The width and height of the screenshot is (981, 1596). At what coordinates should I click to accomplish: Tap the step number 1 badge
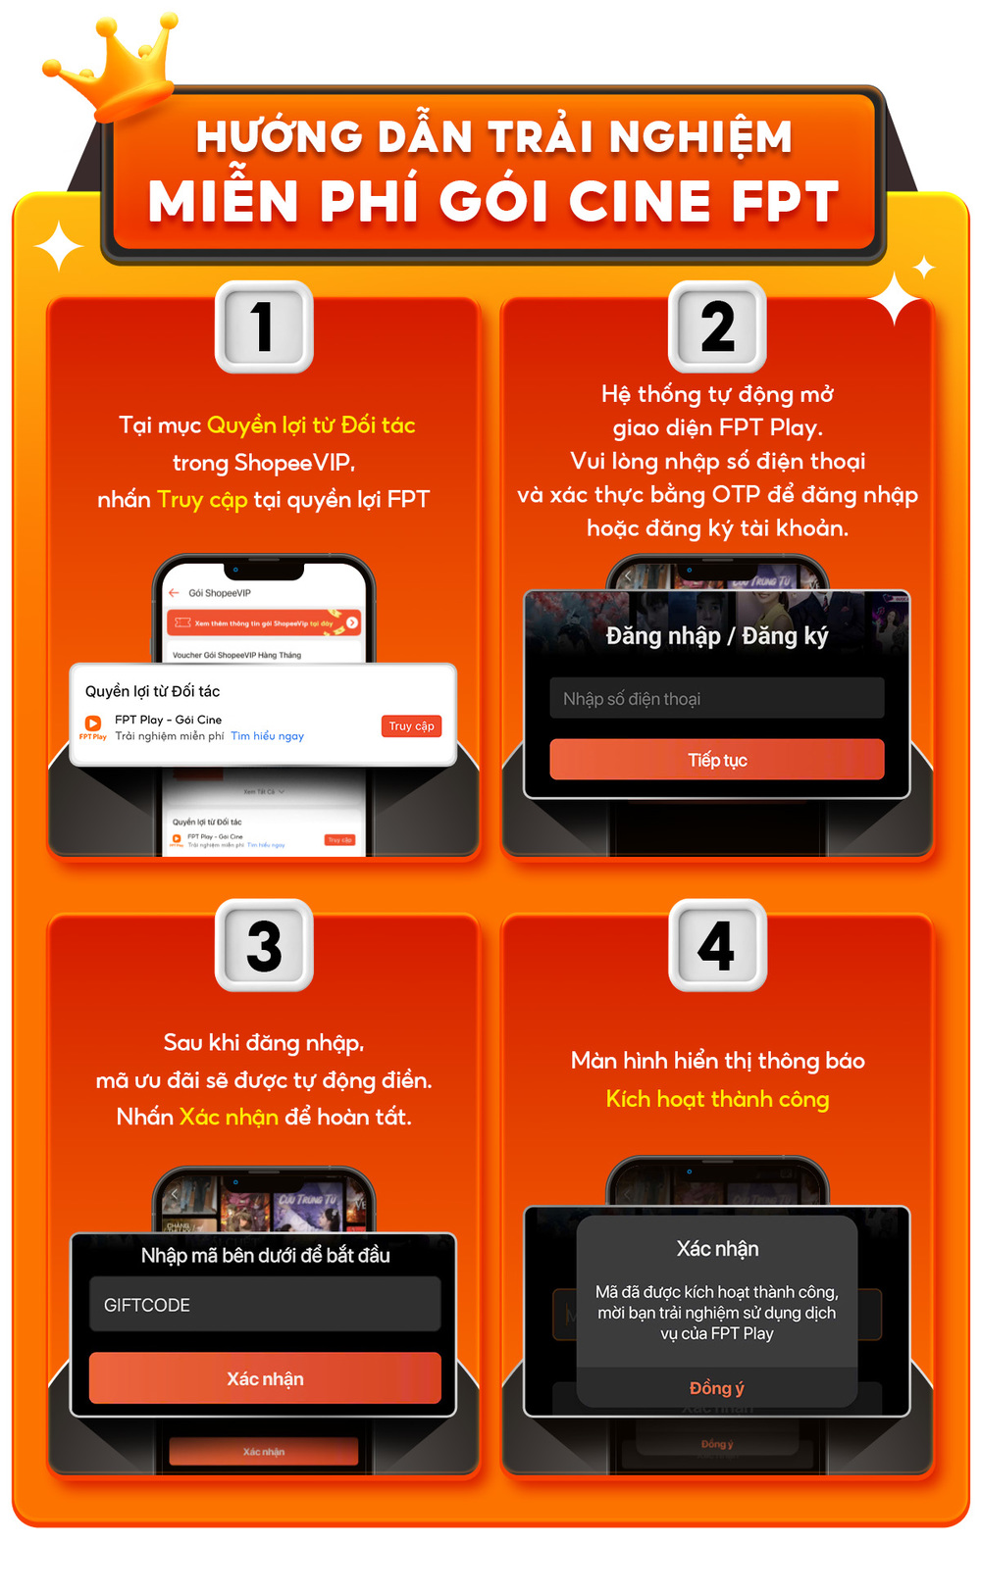[x=264, y=326]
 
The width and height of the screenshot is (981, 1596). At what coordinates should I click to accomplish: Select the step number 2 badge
[x=717, y=326]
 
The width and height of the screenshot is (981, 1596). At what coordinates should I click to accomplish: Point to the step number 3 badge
[x=264, y=945]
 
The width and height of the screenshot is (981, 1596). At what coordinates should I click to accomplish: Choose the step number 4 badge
[x=717, y=945]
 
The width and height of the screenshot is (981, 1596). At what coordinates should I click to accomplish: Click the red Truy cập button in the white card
[x=411, y=726]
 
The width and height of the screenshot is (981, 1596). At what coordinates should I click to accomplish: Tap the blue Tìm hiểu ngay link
[x=267, y=736]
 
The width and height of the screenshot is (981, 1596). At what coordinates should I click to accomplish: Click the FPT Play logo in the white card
[x=93, y=725]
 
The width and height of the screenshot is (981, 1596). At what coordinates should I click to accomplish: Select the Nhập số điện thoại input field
[x=716, y=698]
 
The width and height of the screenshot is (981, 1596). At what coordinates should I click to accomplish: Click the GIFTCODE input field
[x=265, y=1305]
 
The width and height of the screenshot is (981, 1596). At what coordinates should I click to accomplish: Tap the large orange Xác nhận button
[x=265, y=1378]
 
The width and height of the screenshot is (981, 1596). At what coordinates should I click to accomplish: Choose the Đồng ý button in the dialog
[x=716, y=1388]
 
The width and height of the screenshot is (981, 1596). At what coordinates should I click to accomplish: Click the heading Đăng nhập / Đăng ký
[x=716, y=636]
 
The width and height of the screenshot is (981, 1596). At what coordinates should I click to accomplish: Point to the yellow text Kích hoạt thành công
[x=717, y=1099]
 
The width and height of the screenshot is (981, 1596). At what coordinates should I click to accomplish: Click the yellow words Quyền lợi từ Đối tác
[x=311, y=425]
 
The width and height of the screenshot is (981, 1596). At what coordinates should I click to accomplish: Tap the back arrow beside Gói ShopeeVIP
[x=174, y=593]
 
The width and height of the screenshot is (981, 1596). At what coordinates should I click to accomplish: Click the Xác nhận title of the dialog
[x=717, y=1249]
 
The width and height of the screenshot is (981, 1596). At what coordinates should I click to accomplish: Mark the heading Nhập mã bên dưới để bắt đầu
[x=265, y=1256]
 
